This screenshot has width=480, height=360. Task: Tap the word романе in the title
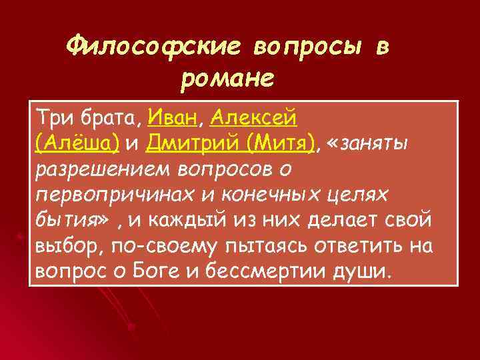[227, 79]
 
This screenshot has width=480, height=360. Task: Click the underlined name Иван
[173, 118]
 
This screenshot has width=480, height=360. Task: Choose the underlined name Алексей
[253, 118]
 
